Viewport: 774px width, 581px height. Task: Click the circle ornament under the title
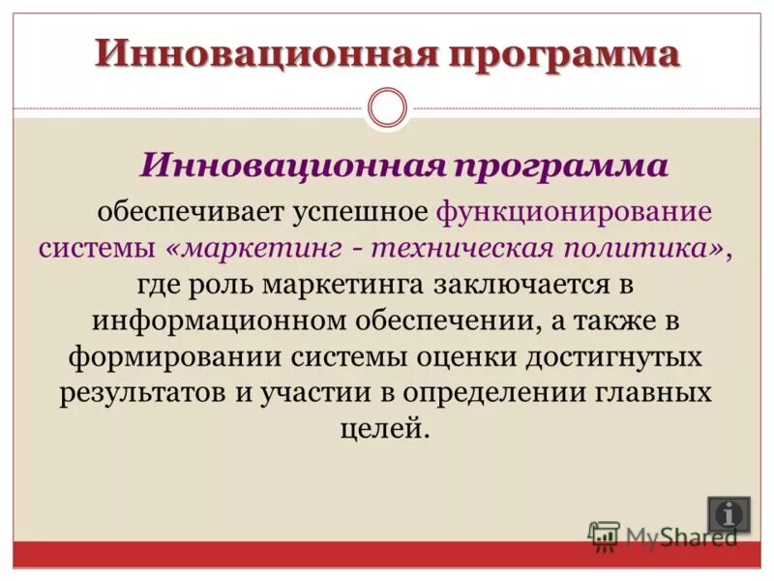[x=388, y=107]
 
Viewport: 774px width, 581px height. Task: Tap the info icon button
[x=728, y=514]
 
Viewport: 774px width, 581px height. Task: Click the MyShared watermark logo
[x=663, y=535]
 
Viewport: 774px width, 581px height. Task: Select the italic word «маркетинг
[x=254, y=247]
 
